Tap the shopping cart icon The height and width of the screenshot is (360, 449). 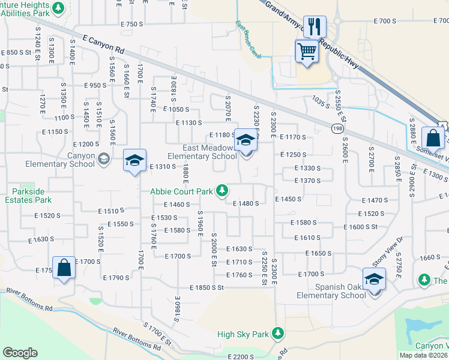306,51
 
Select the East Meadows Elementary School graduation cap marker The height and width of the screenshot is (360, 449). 245,140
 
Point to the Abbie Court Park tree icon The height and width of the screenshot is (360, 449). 222,191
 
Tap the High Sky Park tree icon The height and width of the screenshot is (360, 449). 277,332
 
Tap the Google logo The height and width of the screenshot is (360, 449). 20,353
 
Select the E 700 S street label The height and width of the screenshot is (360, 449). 385,21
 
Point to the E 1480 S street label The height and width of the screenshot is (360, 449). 246,203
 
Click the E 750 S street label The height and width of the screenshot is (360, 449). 132,24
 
